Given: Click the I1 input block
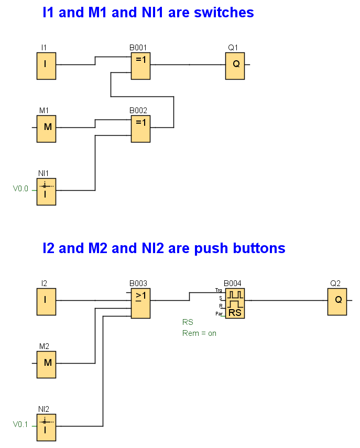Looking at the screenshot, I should click(x=46, y=65).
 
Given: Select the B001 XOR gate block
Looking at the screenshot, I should click(x=140, y=65).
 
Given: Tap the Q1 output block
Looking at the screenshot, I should click(x=235, y=65).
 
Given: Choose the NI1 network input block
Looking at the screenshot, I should click(x=46, y=191).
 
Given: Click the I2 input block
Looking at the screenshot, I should click(x=46, y=301).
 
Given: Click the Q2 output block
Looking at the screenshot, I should click(x=337, y=301).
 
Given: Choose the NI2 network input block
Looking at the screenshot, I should click(x=46, y=427).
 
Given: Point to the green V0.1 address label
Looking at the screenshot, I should click(x=20, y=424).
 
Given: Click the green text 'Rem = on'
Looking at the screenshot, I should click(x=199, y=333).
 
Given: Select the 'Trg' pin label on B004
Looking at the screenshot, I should click(x=219, y=290).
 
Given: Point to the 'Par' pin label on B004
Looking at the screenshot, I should click(x=219, y=313).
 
